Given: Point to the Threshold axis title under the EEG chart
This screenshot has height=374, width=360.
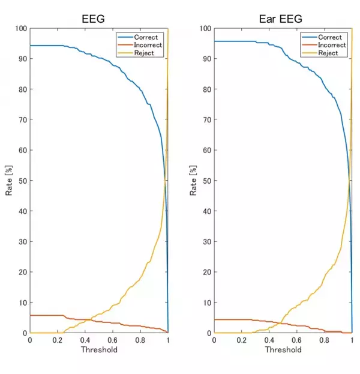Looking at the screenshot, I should (98, 349).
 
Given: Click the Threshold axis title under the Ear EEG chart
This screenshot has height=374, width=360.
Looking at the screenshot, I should (283, 349).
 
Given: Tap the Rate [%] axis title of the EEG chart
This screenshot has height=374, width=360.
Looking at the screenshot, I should (9, 180).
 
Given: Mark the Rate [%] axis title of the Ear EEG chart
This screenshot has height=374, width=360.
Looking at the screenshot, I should (193, 180).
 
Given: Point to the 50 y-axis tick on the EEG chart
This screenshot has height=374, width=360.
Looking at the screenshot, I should (23, 181).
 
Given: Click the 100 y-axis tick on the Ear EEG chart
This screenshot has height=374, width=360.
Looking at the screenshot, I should (205, 28).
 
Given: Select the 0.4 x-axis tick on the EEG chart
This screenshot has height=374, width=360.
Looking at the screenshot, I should (85, 340).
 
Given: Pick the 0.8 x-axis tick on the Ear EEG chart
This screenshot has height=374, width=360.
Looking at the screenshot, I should (324, 340).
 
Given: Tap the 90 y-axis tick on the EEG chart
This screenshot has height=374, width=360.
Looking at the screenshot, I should (23, 59).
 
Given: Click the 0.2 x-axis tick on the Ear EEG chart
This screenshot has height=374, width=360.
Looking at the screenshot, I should (241, 340).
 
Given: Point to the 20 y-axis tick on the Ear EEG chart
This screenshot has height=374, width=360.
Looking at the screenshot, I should (207, 272).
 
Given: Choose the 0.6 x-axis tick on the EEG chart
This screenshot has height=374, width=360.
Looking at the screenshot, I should (112, 340).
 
